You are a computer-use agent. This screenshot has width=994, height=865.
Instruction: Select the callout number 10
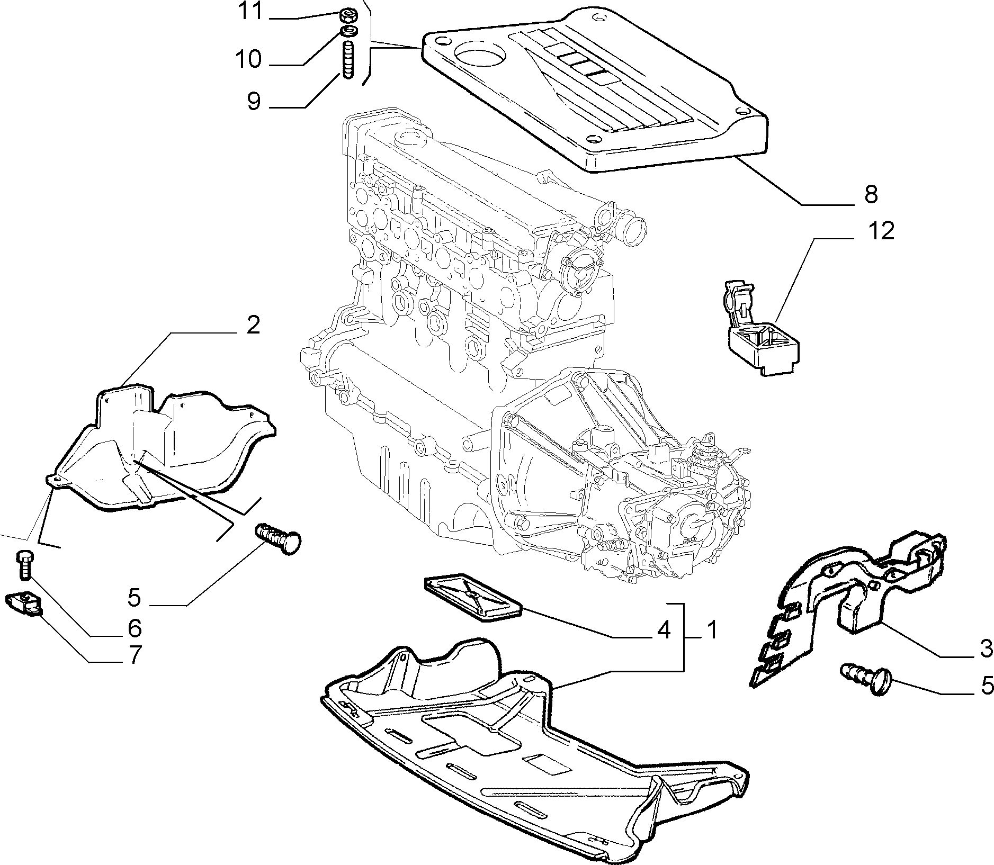tap(249, 59)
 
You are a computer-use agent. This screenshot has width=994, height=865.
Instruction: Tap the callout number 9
tap(254, 101)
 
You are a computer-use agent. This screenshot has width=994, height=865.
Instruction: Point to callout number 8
tap(871, 194)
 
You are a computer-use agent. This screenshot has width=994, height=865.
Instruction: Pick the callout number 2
tap(254, 325)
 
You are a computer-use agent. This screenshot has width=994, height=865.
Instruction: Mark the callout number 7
tap(135, 655)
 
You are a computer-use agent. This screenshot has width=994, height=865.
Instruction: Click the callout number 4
tap(664, 630)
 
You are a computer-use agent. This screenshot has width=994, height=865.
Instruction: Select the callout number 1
tap(712, 630)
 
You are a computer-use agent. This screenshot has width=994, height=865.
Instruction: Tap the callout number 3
tap(986, 649)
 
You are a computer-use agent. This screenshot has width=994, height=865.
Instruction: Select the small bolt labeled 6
tap(24, 565)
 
